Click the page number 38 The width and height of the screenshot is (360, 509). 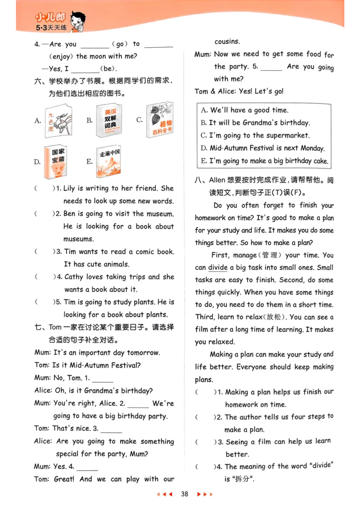[184, 494]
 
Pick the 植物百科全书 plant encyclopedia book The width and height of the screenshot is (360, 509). [159, 120]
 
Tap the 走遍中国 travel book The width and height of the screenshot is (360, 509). [108, 161]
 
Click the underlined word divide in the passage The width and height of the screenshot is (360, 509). [218, 267]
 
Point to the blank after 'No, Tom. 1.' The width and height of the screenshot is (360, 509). [103, 379]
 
